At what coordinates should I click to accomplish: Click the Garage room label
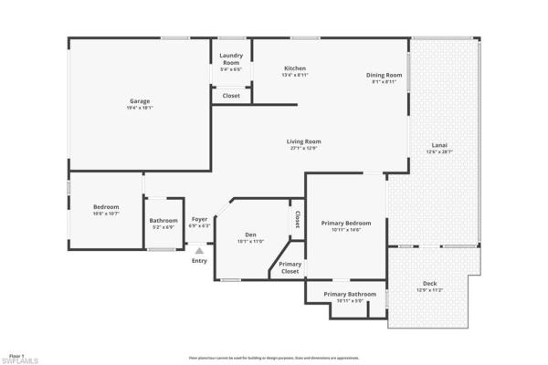tap(139, 101)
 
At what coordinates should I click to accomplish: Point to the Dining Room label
tap(384, 75)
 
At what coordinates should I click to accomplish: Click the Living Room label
tap(304, 141)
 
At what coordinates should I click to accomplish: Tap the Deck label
tap(429, 284)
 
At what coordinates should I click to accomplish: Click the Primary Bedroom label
tap(346, 224)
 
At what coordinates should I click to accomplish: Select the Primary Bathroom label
tap(349, 295)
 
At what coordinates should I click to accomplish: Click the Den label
tap(250, 235)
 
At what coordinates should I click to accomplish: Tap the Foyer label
tap(199, 219)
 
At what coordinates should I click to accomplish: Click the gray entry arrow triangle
tap(199, 249)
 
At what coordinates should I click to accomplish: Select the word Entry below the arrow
tap(199, 262)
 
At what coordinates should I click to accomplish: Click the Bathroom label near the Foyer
tap(163, 220)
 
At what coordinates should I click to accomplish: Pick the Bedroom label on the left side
tap(106, 207)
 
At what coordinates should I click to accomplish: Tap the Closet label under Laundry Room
tap(231, 95)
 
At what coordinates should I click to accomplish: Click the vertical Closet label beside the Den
tap(298, 220)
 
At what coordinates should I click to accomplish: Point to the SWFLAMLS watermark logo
tap(19, 360)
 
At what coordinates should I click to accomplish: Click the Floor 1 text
tap(16, 353)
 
